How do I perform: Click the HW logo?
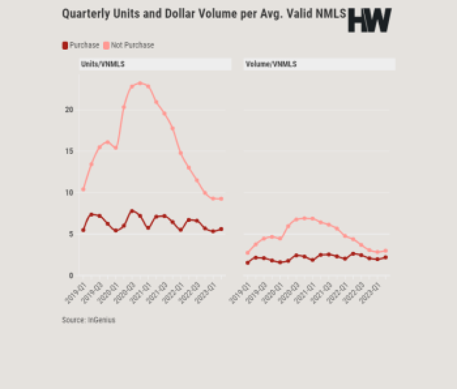coord(369,20)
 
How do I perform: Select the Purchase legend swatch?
coord(65,45)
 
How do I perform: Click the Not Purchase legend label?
coord(132,45)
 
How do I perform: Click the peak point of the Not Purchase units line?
coord(140,83)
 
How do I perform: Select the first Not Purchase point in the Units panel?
coord(83,189)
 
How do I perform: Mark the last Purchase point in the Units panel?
coord(221,229)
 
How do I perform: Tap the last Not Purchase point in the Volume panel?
coord(386,251)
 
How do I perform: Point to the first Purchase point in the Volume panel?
coord(247,263)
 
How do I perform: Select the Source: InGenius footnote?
coord(88,320)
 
